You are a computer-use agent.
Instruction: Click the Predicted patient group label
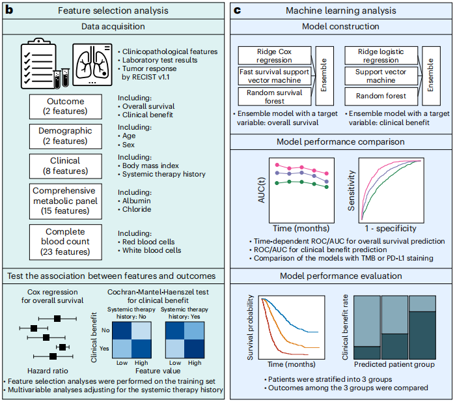click(394, 364)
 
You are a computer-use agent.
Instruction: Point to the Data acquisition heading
click(113, 27)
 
